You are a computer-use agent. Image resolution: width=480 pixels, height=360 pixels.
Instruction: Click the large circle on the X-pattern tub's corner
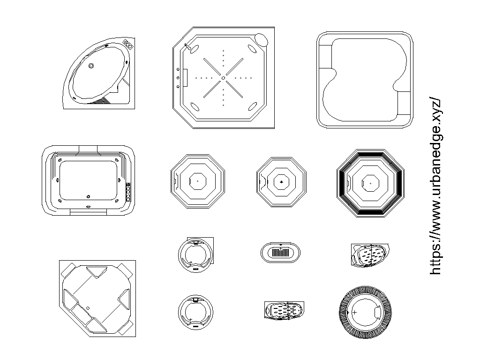point(261,39)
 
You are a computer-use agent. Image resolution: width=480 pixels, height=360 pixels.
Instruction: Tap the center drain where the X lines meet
point(224,77)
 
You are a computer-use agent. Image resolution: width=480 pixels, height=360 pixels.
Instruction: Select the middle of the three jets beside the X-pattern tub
point(179,78)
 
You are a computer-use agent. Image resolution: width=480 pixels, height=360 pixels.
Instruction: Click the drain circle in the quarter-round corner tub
point(91,66)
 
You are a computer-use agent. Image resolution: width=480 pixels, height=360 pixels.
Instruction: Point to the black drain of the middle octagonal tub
point(281,180)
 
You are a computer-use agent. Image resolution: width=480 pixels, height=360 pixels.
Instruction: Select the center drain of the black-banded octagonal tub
point(370,183)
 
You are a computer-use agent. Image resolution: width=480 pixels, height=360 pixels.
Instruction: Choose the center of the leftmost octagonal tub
point(197,180)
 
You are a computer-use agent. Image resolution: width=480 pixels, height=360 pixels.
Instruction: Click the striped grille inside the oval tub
point(280,253)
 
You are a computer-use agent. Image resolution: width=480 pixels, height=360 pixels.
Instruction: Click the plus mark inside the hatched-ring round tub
point(354,312)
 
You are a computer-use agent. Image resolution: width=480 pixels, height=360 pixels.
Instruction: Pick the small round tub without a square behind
point(195,311)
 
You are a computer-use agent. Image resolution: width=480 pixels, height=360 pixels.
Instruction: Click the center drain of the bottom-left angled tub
point(88,307)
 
